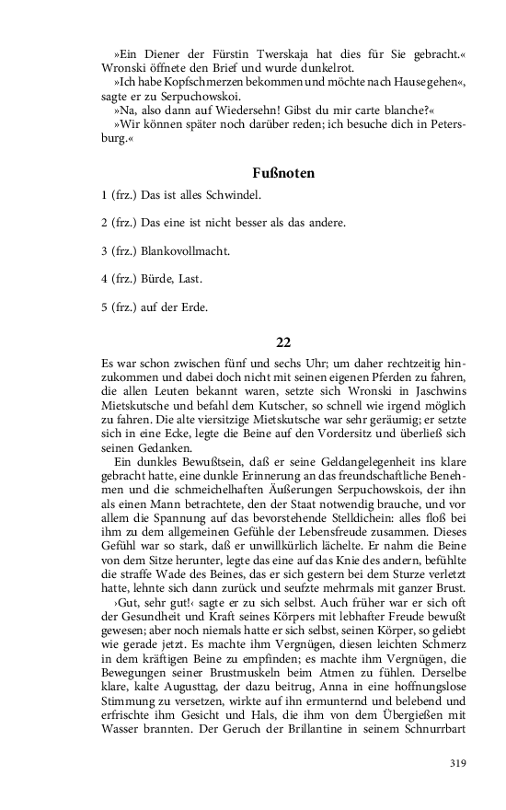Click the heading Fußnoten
(283, 172)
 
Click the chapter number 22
(283, 342)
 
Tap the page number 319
(457, 762)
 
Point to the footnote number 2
(105, 224)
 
